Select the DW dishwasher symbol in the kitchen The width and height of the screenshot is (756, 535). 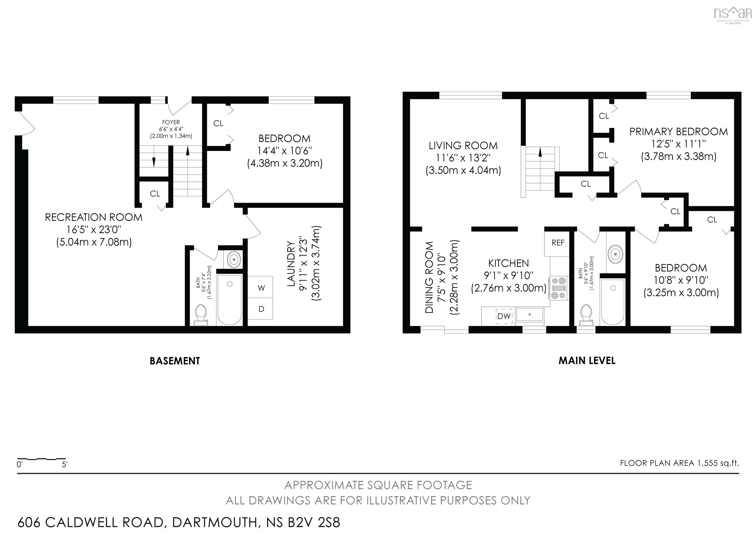point(504,316)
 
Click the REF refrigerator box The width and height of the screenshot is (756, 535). point(558,243)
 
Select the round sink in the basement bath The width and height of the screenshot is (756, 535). point(234,259)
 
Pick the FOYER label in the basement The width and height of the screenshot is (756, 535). point(171,122)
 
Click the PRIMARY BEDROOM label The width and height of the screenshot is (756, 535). point(678,132)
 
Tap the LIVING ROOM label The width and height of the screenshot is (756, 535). point(463,146)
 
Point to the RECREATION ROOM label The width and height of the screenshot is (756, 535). point(94,218)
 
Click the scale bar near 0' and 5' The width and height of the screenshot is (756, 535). point(42,459)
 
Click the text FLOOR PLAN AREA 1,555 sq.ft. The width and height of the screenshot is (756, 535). point(679,463)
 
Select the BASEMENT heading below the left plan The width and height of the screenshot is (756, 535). point(174,361)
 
